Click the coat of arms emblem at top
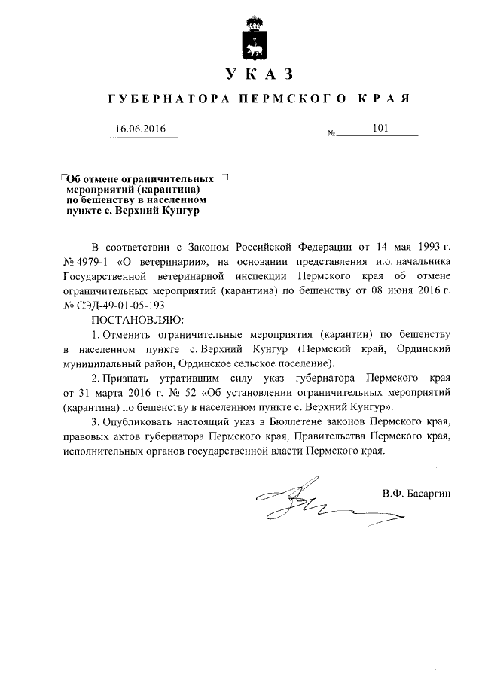point(254,39)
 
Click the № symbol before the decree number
point(331,134)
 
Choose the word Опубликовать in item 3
point(141,421)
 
